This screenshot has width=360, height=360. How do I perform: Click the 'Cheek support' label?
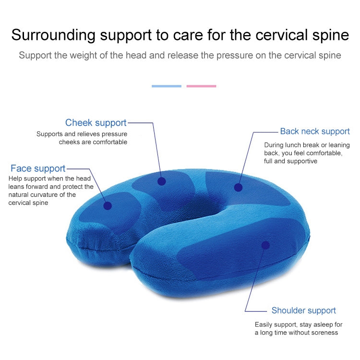96,123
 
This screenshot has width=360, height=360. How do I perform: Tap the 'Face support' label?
38,168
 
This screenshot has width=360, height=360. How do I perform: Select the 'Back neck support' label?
315,131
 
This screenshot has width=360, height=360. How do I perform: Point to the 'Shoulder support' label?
303,311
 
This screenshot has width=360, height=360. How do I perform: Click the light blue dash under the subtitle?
167,86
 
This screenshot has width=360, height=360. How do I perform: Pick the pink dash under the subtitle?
201,86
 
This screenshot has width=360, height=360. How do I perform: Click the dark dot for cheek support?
162,181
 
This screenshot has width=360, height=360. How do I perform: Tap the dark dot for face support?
108,205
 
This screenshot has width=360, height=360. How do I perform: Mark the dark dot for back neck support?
238,187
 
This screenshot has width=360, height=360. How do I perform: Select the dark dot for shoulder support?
265,245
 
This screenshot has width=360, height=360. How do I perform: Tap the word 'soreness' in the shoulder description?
324,333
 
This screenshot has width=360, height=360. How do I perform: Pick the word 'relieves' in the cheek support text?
89,134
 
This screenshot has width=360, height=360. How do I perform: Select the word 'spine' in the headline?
332,35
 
